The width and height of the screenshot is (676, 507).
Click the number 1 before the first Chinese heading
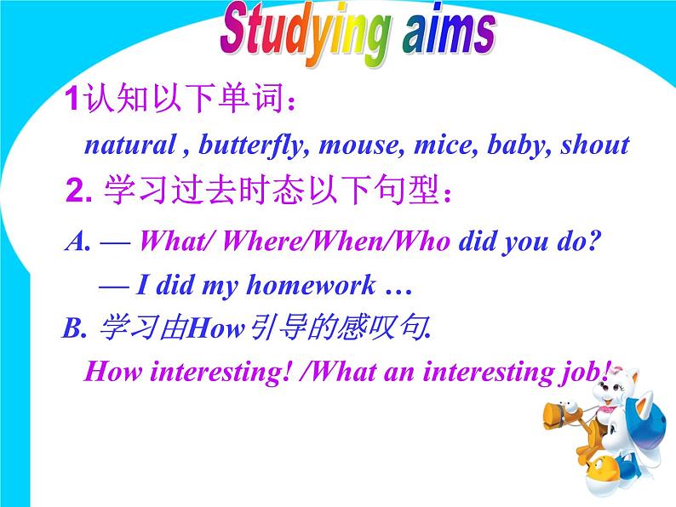click(x=72, y=101)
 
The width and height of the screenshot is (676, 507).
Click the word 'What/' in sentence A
click(x=176, y=242)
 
